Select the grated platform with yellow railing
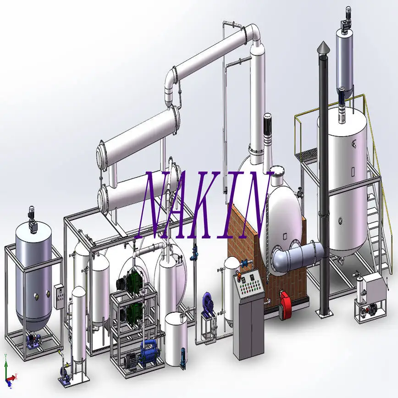[x=310, y=156]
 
